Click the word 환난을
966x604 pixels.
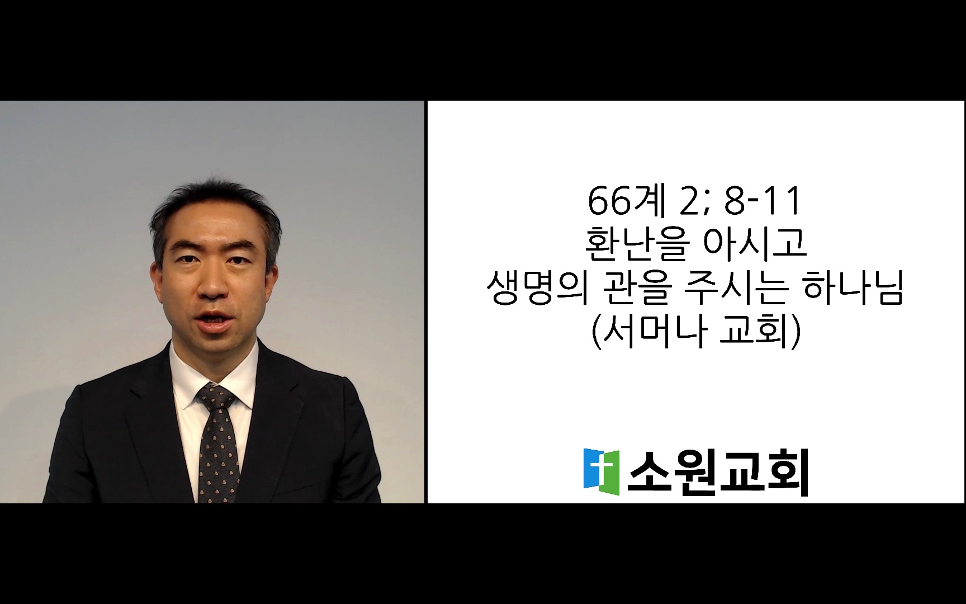tap(634, 245)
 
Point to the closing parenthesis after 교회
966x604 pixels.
tap(796, 333)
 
